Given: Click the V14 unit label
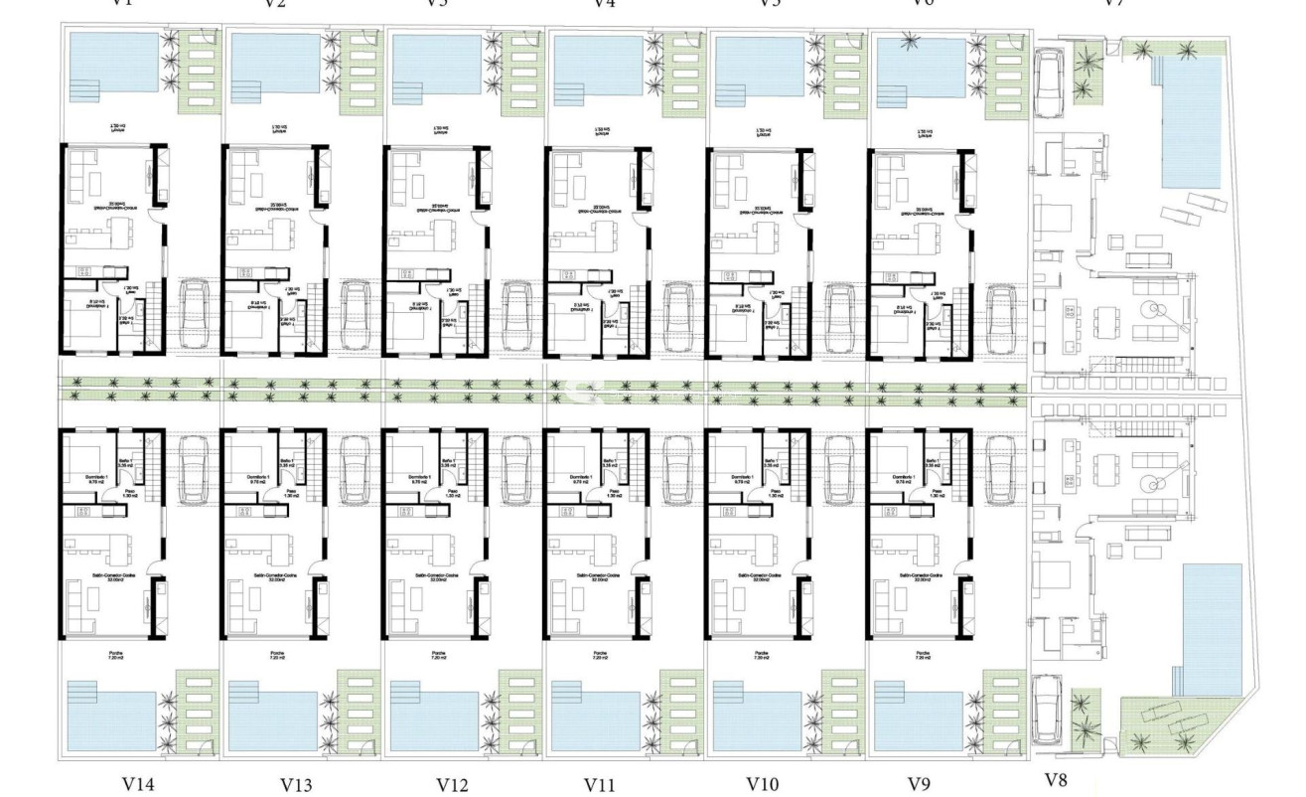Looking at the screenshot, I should [138, 784].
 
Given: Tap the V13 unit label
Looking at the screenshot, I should [296, 784].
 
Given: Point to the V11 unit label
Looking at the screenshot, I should [600, 784].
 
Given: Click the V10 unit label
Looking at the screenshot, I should [762, 784].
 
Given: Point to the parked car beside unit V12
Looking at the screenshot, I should [515, 468].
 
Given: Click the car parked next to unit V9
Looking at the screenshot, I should [999, 468].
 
